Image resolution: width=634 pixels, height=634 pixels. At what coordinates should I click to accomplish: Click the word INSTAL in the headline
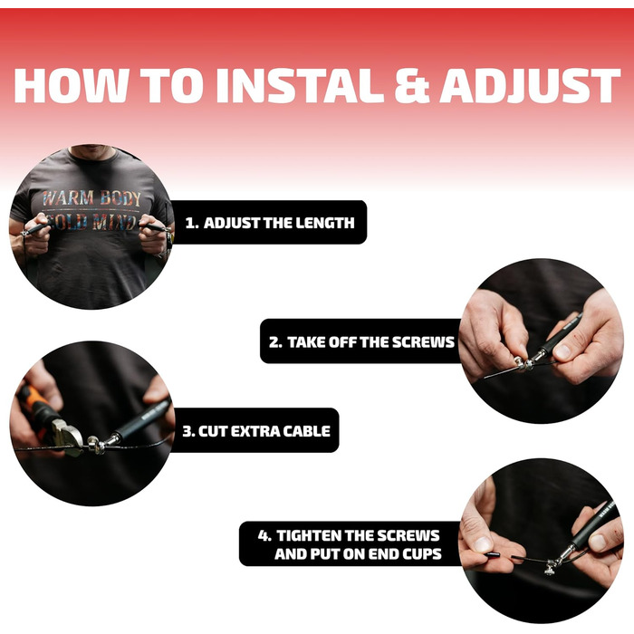[x=300, y=86]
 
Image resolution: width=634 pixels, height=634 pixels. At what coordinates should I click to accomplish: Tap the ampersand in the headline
[x=411, y=86]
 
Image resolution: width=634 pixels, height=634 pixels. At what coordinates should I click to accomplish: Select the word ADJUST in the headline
[x=530, y=86]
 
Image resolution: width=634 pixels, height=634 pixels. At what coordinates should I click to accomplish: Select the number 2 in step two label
[x=275, y=342]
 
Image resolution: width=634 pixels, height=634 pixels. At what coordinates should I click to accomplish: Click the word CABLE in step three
[x=306, y=431]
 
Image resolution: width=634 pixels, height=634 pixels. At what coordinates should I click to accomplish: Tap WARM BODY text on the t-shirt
[x=91, y=198]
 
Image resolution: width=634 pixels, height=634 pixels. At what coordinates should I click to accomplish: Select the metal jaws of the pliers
[x=67, y=437]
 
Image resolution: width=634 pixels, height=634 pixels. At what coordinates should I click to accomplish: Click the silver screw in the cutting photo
[x=95, y=445]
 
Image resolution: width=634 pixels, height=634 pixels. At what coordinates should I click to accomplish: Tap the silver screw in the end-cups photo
[x=550, y=566]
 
